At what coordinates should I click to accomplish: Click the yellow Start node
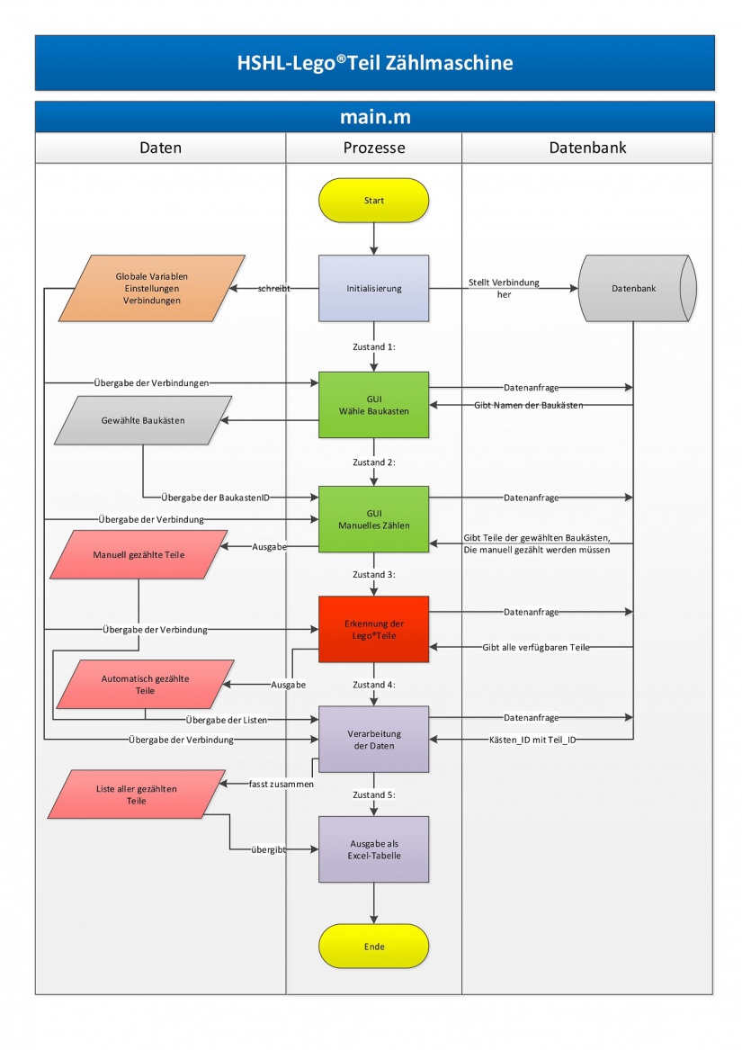coord(373,200)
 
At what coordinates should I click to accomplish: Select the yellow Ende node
coord(373,947)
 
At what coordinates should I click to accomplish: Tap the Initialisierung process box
coord(373,289)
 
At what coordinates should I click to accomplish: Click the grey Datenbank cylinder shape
coord(634,289)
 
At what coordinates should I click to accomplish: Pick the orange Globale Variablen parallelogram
coord(150,289)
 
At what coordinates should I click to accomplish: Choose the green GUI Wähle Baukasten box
coord(373,405)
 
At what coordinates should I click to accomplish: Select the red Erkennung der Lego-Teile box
coord(373,629)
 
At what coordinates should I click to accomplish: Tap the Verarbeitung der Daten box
coord(373,740)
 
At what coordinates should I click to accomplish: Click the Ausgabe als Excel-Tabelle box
coord(373,849)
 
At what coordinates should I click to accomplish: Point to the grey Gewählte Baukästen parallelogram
coord(143,420)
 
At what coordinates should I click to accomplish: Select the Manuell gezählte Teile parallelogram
coord(139,555)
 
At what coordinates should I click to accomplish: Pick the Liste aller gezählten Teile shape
coord(137,794)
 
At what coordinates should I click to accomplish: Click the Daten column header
coord(160,148)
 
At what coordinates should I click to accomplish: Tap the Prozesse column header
coord(373,148)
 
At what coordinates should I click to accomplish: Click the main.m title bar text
coord(373,117)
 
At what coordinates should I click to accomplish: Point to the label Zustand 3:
coord(373,573)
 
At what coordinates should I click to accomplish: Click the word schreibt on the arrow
coord(273,289)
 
